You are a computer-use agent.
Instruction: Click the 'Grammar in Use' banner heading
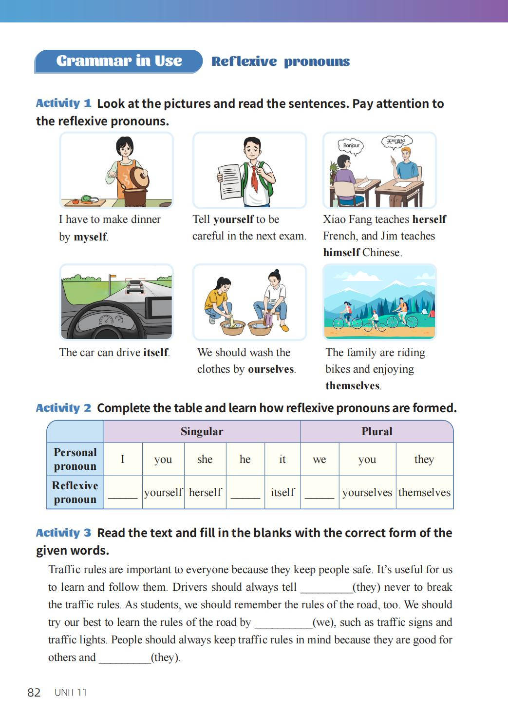(119, 61)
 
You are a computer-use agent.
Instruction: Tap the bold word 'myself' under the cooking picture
(90, 237)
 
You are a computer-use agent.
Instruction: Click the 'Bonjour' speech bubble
(351, 145)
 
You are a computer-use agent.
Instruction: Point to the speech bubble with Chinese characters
(396, 142)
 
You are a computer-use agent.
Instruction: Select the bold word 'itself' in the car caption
(155, 353)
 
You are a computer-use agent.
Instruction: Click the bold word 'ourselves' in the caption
(270, 369)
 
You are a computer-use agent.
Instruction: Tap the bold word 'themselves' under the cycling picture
(352, 386)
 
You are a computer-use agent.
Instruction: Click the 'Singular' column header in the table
(202, 432)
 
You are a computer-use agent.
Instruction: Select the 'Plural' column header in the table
(376, 432)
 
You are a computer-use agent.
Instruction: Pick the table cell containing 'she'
(205, 459)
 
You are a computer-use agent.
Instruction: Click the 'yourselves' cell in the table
(367, 493)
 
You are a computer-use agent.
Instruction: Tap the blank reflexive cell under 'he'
(245, 493)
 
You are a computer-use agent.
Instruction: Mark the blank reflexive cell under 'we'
(319, 493)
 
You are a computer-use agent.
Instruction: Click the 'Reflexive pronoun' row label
(75, 492)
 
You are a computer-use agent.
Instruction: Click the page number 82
(34, 693)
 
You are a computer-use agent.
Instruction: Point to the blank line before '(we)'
(283, 623)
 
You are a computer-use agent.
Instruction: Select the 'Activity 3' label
(63, 533)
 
